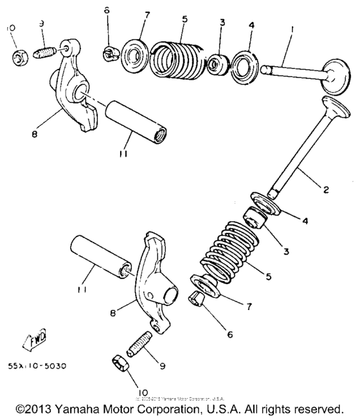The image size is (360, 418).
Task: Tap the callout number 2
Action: click(326, 190)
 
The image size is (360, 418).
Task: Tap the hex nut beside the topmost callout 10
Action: click(18, 57)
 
